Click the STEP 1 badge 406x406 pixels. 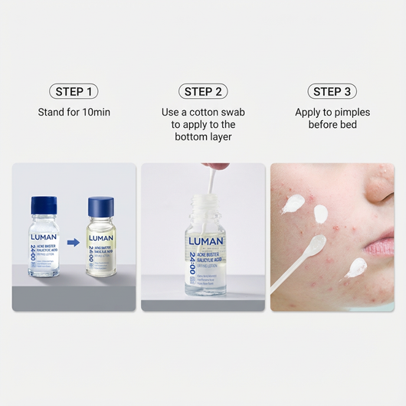(74, 91)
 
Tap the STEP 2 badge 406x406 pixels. (203, 91)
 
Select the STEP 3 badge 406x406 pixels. (332, 91)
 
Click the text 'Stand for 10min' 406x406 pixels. (74, 113)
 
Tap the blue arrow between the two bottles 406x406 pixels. (74, 243)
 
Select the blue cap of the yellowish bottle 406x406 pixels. (101, 207)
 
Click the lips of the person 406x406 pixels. (380, 247)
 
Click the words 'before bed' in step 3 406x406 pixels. (332, 125)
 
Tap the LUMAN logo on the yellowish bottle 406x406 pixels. (101, 238)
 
